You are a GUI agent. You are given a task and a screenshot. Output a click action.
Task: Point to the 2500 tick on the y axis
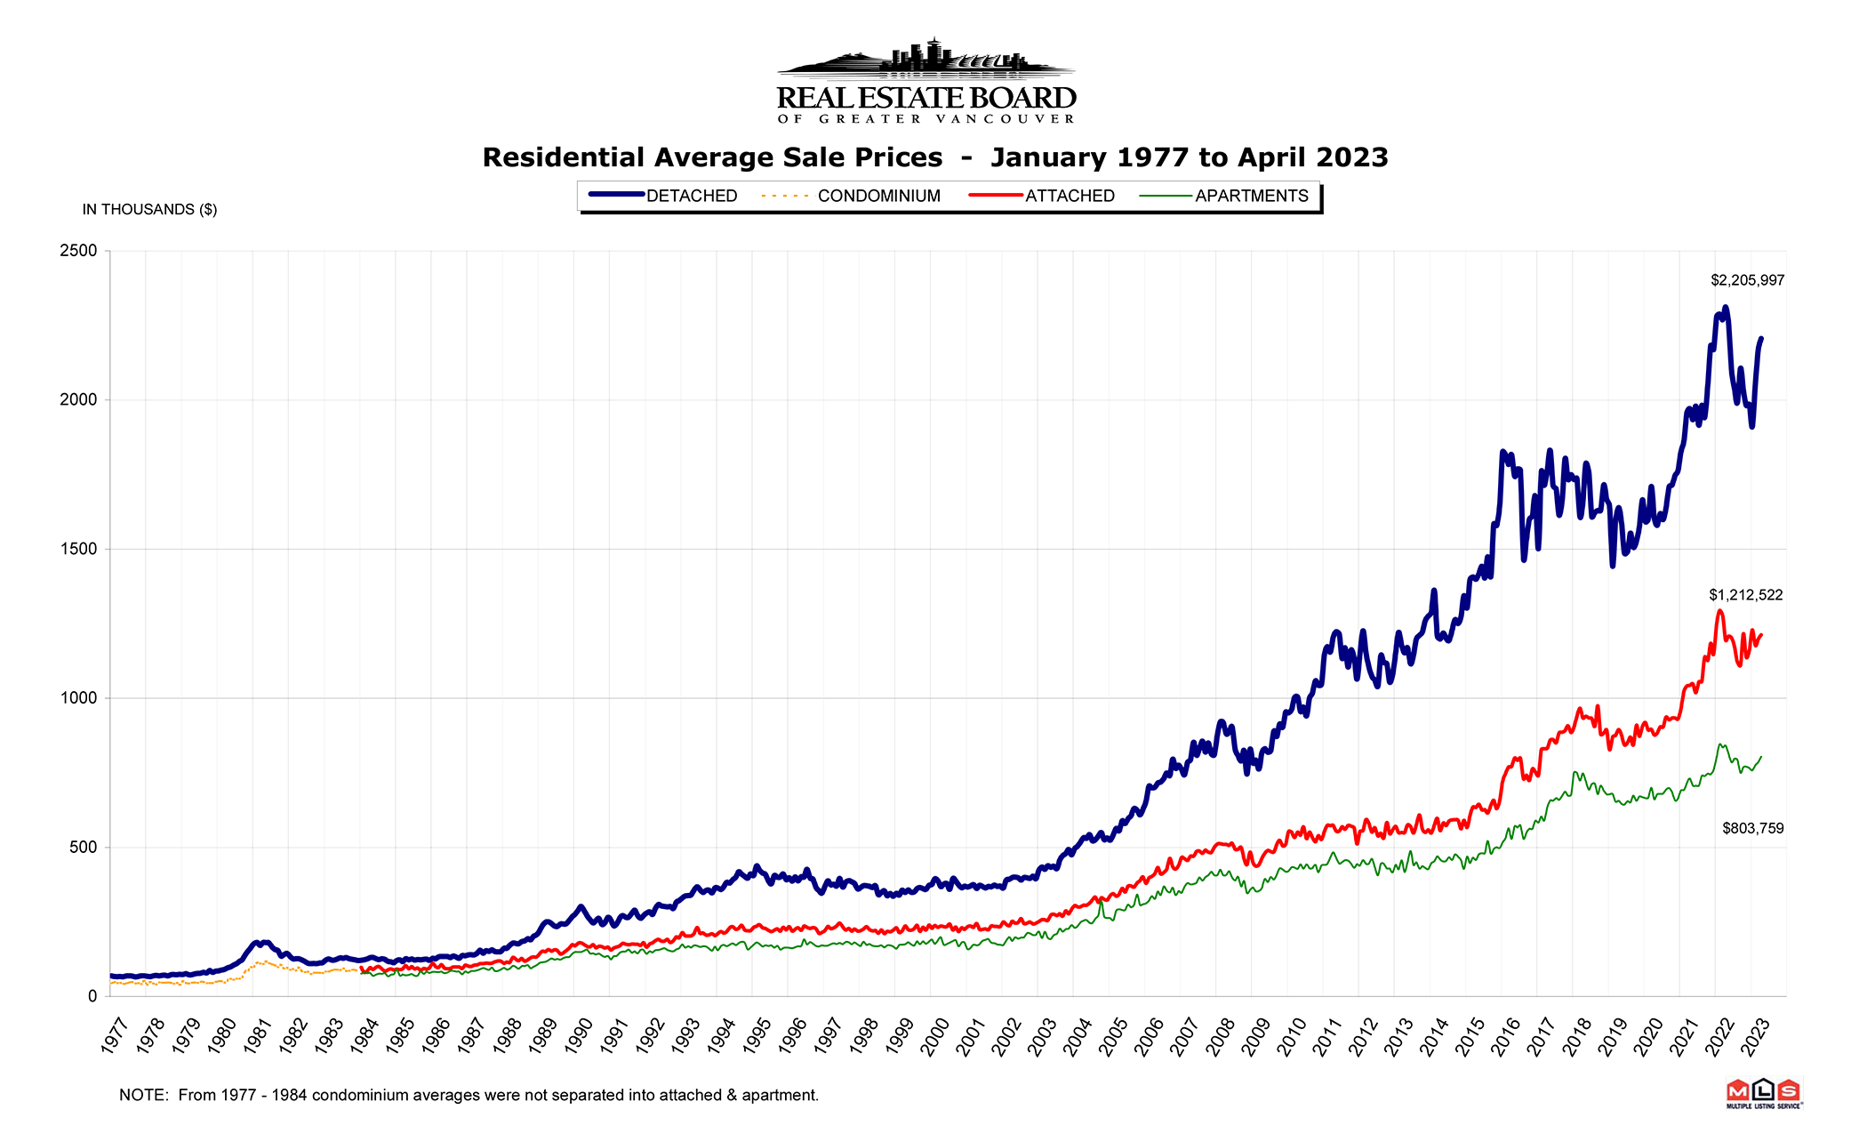tap(78, 251)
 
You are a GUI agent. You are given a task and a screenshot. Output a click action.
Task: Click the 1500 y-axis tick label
tap(78, 550)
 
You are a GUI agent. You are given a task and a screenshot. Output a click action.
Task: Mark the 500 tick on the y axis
tap(83, 848)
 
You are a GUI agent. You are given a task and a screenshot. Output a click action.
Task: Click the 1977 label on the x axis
tap(115, 1036)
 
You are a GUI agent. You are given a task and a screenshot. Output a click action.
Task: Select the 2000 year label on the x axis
tap(934, 1036)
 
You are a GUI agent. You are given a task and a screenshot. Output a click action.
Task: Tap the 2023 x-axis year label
tap(1755, 1036)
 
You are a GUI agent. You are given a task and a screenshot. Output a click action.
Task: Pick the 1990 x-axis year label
tap(578, 1036)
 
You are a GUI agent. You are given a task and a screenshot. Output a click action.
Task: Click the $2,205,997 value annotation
tap(1747, 280)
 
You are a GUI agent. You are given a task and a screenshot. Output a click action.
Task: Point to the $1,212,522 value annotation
tap(1745, 595)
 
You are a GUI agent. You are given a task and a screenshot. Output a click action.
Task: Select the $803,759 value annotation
tap(1752, 828)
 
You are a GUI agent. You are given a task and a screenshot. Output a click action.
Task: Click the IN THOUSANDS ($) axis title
tap(149, 210)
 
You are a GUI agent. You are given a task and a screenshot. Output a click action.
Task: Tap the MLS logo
tap(1763, 1093)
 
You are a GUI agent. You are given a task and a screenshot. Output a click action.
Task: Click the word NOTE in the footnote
tap(142, 1096)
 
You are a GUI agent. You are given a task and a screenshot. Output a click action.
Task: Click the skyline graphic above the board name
tap(926, 58)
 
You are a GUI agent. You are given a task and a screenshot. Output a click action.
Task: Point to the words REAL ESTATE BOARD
tap(926, 98)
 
